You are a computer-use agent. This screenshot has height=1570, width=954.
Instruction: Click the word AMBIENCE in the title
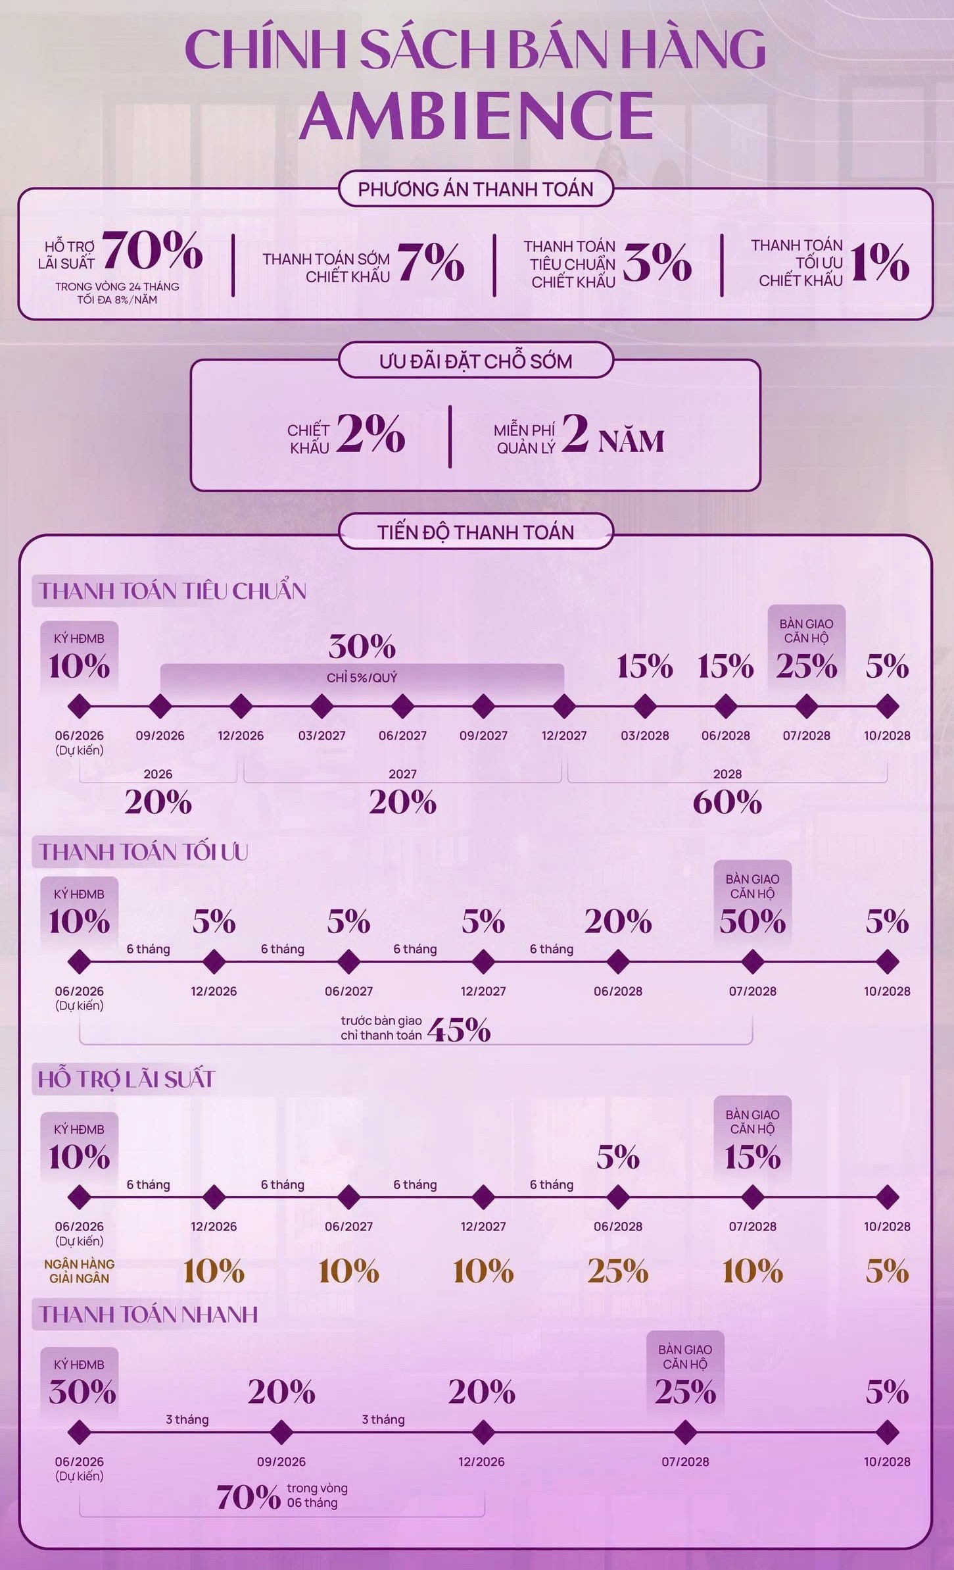pos(477,115)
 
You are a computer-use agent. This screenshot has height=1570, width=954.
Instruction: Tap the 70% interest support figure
pos(153,251)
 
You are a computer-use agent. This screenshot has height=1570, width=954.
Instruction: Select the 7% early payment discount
pos(431,262)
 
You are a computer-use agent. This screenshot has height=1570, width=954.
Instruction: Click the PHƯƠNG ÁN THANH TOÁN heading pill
pos(475,189)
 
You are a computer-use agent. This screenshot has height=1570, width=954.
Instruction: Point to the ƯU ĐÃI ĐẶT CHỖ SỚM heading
pos(475,361)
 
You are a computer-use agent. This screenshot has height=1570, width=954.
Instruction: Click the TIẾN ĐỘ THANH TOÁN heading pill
pos(475,532)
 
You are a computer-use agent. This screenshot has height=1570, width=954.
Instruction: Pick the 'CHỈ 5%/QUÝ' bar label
pos(362,678)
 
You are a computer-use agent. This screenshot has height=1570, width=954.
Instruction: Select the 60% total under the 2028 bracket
pos(727,802)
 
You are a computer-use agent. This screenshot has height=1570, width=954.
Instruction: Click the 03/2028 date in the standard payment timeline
pos(645,736)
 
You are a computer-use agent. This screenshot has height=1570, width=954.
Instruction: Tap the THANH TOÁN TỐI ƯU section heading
pos(143,852)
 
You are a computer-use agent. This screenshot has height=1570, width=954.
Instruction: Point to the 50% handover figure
pos(753,921)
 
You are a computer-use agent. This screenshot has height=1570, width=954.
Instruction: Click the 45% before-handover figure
pos(459,1030)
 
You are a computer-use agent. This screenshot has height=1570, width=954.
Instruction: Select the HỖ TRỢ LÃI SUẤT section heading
pos(126,1079)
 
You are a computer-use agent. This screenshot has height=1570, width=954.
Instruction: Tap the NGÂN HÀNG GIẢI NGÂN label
pos(80,1271)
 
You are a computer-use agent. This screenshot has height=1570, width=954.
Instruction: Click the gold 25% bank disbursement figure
pos(618,1271)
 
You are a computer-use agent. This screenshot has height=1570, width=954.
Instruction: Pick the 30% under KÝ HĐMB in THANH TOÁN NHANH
pos(82,1391)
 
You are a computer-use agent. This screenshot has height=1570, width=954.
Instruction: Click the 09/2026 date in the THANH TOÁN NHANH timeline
pos(281,1461)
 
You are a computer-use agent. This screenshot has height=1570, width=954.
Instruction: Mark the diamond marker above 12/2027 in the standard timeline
pos(564,707)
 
